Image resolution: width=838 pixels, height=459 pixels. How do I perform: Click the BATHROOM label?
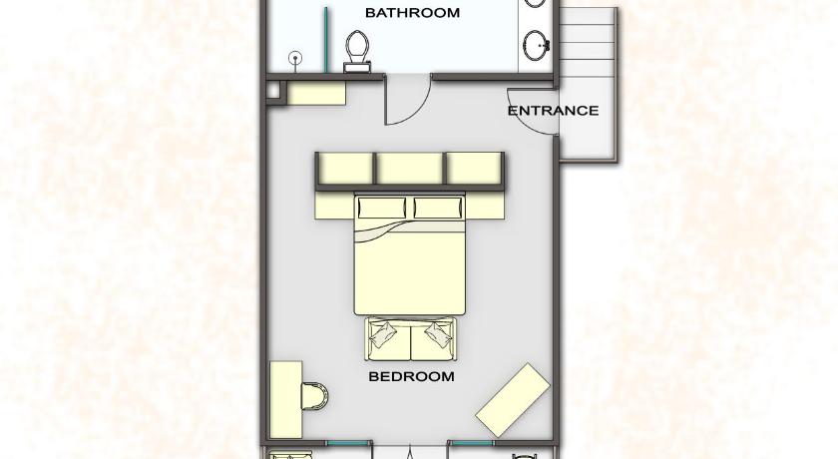click(412, 12)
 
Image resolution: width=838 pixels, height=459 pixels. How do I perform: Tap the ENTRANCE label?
click(553, 111)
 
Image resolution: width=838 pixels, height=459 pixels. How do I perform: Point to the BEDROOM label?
click(411, 376)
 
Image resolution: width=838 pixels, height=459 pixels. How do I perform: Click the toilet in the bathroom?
click(357, 51)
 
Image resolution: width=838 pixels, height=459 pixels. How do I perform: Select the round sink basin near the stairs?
click(536, 45)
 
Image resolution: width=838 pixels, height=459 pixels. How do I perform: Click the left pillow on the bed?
click(381, 208)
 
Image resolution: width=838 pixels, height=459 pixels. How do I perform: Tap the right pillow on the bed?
click(438, 208)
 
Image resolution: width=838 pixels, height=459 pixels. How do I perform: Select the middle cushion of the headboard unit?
click(410, 168)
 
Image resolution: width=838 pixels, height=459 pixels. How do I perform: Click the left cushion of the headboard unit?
click(346, 168)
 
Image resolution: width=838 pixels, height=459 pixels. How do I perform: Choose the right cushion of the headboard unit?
click(475, 168)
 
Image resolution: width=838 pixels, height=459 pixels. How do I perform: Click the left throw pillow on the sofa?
click(383, 334)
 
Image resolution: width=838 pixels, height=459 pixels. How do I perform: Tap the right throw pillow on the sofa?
click(438, 334)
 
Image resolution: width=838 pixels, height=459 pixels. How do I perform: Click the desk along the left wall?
click(286, 400)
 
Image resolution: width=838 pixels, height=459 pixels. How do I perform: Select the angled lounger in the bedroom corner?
click(513, 400)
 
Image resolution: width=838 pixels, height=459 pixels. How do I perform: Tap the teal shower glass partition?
click(325, 39)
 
